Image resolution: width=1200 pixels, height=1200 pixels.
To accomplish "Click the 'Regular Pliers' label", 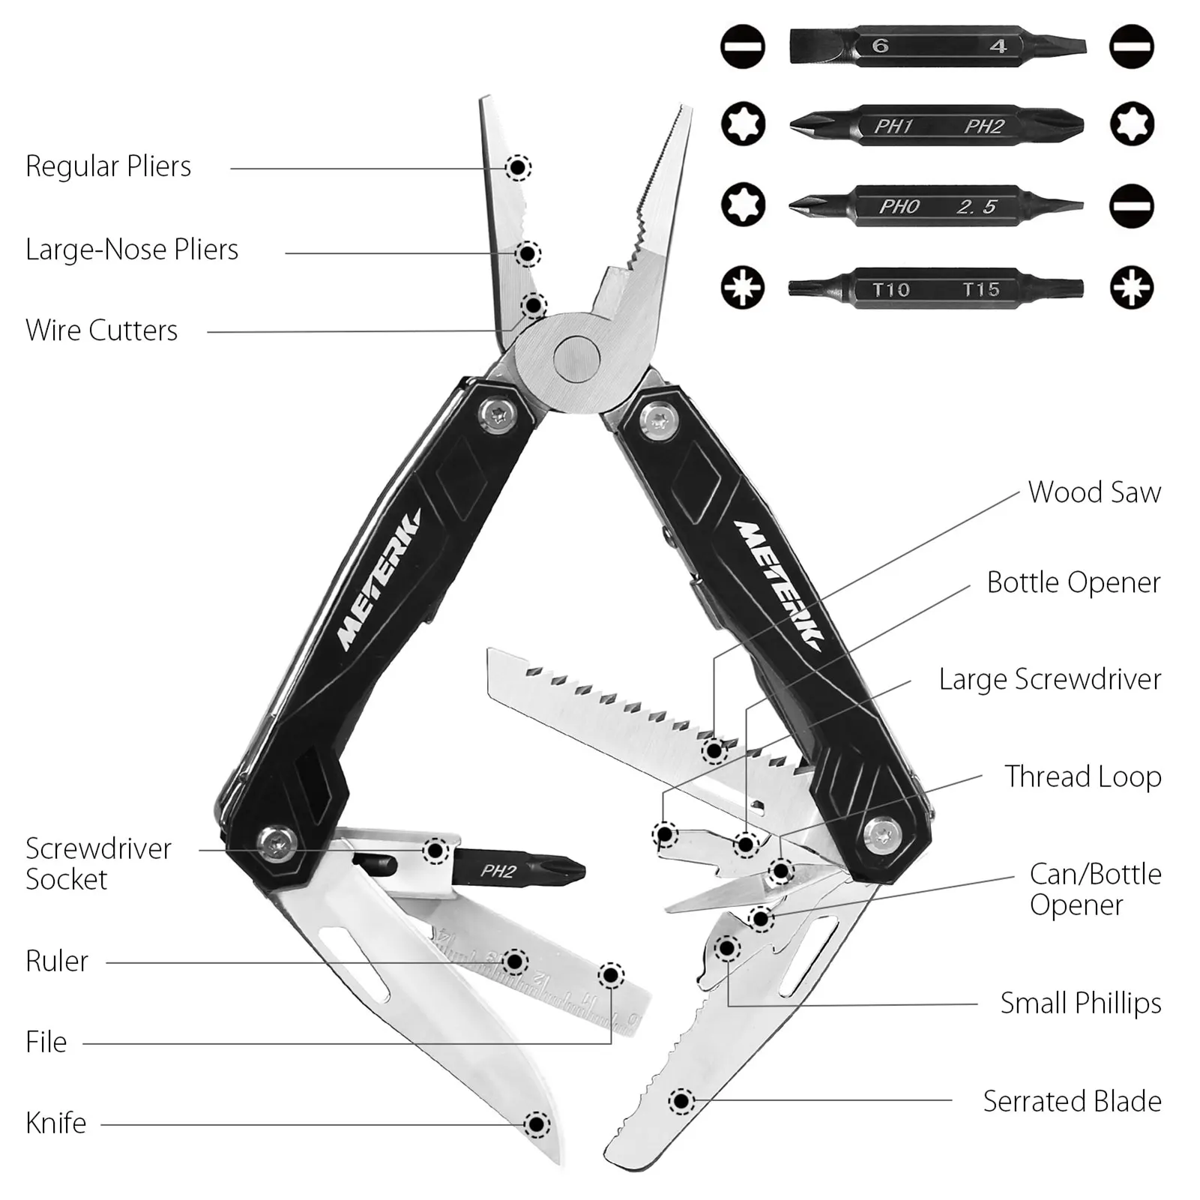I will pos(109,166).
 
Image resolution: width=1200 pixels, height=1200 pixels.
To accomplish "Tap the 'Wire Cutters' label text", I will pos(102,331).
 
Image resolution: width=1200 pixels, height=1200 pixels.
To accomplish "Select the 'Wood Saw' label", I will pos(1094,492).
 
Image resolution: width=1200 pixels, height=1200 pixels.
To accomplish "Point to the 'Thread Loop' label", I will pos(1083,777).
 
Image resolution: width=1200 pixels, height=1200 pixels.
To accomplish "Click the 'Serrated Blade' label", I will pos(1072,1101).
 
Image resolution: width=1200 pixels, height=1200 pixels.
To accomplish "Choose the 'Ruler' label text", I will pos(57,961).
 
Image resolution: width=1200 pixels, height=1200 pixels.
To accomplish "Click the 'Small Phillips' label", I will pos(1081,1003).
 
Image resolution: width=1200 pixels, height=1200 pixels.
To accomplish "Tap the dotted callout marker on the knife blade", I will pos(536,1124).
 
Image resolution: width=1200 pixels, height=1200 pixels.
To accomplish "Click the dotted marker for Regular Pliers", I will pos(518,168).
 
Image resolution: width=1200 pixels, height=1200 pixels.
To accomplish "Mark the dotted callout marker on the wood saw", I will pos(714,750).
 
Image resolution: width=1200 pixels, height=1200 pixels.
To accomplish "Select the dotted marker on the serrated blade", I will pos(681,1101).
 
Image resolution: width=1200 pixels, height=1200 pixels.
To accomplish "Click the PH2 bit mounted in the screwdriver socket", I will pos(517,871).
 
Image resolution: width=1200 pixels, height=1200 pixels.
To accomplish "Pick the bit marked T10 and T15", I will pos(936,289).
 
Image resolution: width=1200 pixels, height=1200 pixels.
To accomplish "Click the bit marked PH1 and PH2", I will pos(936,125).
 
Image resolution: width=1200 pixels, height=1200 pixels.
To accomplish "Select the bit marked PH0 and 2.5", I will pos(936,206).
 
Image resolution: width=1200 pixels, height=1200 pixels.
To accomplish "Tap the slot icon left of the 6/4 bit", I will pos(742,46).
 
